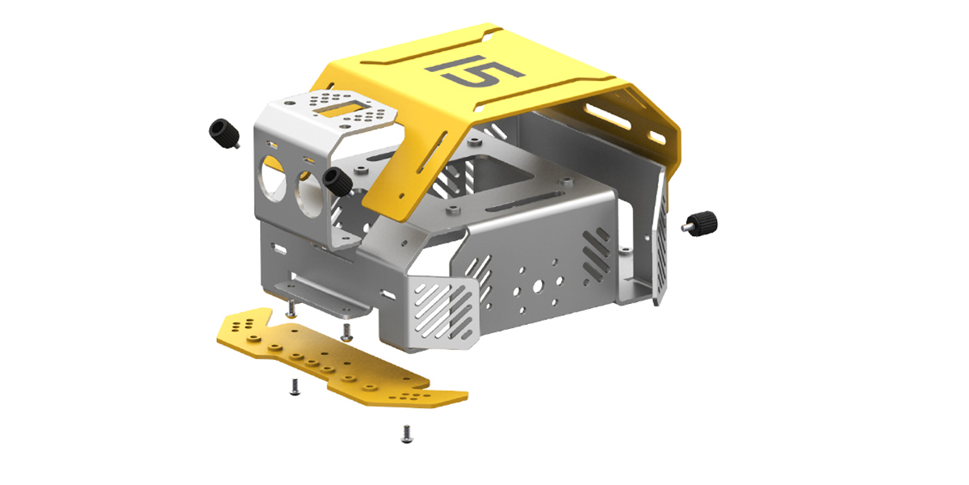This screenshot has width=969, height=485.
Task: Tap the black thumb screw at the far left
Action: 224,133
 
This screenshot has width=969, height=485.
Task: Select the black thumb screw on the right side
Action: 700,224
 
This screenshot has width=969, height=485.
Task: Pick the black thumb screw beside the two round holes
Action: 338,182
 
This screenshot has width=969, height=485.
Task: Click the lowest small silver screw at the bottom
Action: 407,434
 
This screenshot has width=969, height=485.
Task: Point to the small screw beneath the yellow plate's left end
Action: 295,386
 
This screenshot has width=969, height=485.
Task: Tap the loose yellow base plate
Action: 342,357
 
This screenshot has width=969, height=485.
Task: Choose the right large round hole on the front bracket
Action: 308,194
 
